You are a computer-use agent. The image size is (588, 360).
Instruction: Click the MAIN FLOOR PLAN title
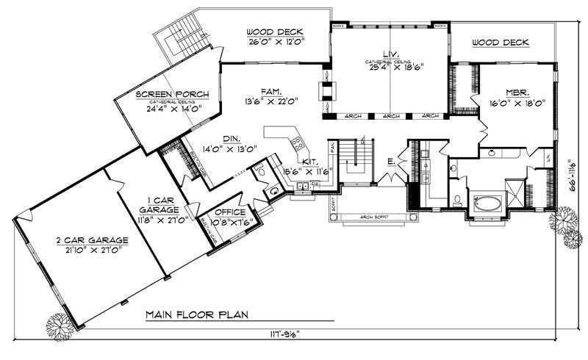coord(197,314)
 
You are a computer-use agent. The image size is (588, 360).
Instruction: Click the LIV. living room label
coord(390,53)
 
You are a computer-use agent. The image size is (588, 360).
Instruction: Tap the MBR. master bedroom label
coord(513,93)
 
